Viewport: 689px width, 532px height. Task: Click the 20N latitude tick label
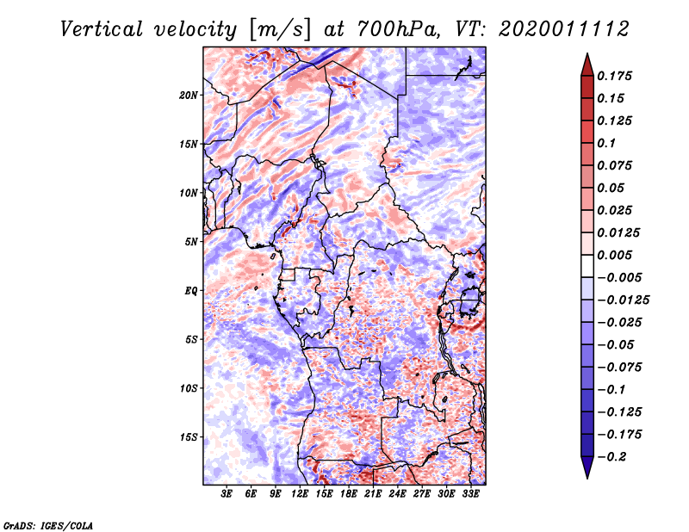188,96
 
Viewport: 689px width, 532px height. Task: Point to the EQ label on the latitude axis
190,291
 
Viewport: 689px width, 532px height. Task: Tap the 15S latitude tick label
188,437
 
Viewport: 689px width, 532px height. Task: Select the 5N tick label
190,242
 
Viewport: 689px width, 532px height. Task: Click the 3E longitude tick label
227,493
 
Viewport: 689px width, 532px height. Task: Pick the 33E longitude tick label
470,493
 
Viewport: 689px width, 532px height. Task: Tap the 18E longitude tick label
349,493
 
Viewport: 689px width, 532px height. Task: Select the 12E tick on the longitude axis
300,493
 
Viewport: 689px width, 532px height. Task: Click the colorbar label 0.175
614,76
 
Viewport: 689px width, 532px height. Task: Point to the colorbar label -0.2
611,457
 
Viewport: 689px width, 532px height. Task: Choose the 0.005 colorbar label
614,255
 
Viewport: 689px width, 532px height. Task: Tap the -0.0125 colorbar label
623,300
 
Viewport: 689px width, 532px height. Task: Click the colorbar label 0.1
606,143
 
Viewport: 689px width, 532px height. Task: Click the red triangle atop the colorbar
587,65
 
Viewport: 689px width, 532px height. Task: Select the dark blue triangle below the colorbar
587,467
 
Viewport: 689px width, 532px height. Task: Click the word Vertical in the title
102,29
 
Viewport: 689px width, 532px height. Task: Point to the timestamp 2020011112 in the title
564,29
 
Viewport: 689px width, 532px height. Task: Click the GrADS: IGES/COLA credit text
48,526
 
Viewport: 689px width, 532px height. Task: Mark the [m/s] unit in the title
280,29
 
